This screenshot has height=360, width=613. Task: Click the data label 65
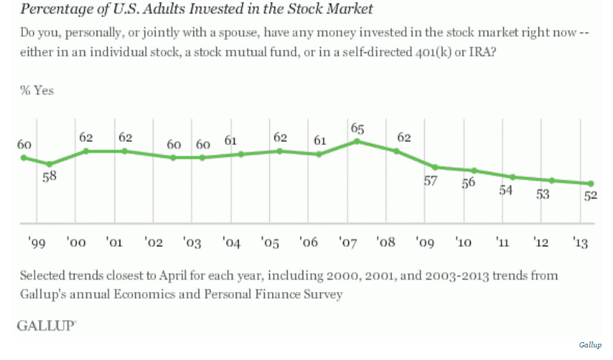[356, 128]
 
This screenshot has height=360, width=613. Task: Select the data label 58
[50, 178]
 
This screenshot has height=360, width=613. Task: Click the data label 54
[507, 190]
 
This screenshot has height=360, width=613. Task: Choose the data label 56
[467, 184]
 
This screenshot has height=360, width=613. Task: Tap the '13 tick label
[582, 242]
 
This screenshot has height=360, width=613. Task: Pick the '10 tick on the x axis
[464, 242]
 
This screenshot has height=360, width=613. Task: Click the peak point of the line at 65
[357, 141]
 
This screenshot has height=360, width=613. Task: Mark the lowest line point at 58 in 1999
[50, 164]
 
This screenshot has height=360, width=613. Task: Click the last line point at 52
[591, 183]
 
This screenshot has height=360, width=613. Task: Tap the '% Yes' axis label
[37, 91]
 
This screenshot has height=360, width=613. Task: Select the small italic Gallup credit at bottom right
[590, 345]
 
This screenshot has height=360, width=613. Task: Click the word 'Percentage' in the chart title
[51, 10]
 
